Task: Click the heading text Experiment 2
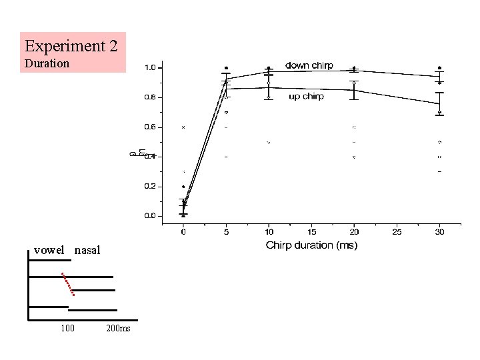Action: (72, 47)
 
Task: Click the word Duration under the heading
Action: (46, 64)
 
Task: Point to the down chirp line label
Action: (309, 65)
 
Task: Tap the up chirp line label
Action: (306, 97)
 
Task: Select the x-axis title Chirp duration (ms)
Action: (311, 245)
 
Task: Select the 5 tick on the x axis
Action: (226, 232)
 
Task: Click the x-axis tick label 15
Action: (311, 232)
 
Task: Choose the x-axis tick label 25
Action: (397, 232)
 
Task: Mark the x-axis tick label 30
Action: (439, 232)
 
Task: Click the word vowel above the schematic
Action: (49, 251)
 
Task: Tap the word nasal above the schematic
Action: (87, 251)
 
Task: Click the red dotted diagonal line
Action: (67, 284)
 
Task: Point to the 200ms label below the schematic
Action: (118, 329)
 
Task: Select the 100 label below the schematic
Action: (67, 329)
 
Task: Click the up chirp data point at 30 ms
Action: (439, 103)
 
